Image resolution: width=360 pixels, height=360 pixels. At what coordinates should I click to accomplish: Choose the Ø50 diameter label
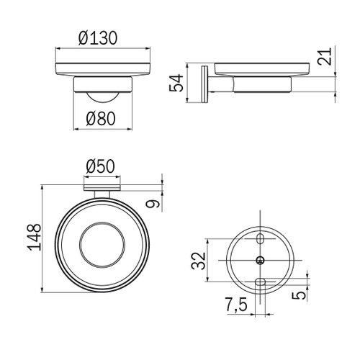(x=99, y=166)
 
